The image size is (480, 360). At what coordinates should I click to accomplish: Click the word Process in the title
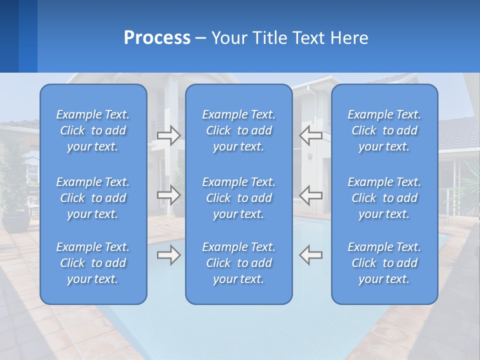click(x=157, y=38)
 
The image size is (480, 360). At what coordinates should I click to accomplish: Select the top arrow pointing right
click(x=168, y=135)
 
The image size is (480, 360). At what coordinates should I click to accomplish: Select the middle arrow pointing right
click(x=168, y=195)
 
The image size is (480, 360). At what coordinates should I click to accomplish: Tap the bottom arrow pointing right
click(x=168, y=255)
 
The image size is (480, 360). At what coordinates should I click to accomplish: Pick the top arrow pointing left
click(x=310, y=135)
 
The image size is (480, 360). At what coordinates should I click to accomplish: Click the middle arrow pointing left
click(x=310, y=195)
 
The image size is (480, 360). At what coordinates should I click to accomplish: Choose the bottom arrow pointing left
click(x=310, y=255)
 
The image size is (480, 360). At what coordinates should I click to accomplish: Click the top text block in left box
click(x=93, y=130)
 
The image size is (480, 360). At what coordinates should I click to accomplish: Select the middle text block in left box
click(x=93, y=198)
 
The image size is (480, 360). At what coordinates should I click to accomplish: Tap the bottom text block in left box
click(x=93, y=263)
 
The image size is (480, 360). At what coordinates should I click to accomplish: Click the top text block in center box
click(x=238, y=130)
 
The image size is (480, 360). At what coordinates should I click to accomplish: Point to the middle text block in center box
click(x=238, y=198)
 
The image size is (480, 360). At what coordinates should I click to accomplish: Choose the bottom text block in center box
click(x=238, y=263)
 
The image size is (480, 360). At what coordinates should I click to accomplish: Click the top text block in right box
click(x=384, y=130)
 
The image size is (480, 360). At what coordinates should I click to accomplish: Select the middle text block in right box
click(x=384, y=198)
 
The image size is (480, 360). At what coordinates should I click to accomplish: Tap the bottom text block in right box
click(x=384, y=263)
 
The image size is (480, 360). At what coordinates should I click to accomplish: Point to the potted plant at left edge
click(x=15, y=200)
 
